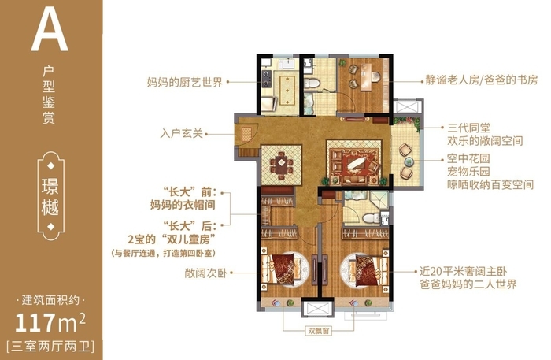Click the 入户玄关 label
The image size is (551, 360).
tap(183, 133)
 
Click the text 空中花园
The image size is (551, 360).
tap(468, 158)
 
